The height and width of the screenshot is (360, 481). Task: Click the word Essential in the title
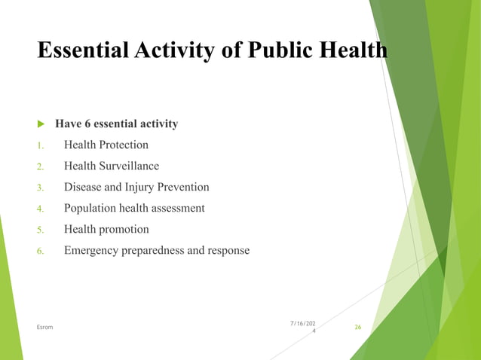pos(82,50)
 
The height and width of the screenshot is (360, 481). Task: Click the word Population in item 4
pos(90,208)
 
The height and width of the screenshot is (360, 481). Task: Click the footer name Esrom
pos(44,327)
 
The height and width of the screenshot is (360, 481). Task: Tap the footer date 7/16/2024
pos(304,326)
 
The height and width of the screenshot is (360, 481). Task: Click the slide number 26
pos(358,327)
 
